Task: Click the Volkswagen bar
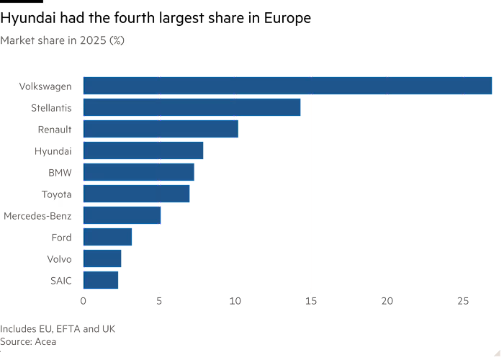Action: click(288, 86)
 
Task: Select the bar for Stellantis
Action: click(192, 107)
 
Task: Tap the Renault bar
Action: click(161, 129)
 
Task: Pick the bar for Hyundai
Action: click(143, 150)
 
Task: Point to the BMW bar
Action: click(139, 172)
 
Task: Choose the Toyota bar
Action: click(137, 194)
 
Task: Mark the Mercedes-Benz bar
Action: click(122, 215)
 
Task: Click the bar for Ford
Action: click(108, 237)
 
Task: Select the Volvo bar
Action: click(103, 258)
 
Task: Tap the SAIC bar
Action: click(102, 280)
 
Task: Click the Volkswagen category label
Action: click(45, 86)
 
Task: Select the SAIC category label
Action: click(60, 281)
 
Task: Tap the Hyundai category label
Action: click(53, 151)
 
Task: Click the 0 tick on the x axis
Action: click(84, 300)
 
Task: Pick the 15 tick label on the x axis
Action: click(311, 300)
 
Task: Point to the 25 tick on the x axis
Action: click(463, 300)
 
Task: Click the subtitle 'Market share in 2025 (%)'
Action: click(63, 41)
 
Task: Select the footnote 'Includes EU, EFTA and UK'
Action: click(58, 329)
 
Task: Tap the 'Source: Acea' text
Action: click(28, 341)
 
